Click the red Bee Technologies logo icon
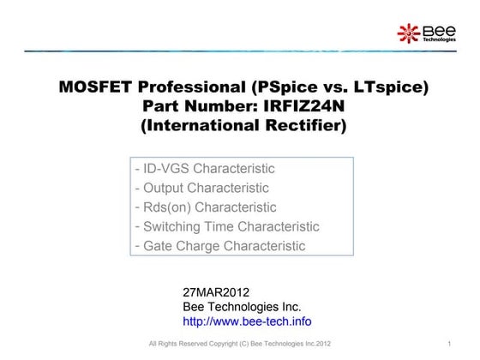408,33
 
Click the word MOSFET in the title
96,87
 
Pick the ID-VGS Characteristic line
205,169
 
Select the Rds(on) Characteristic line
206,207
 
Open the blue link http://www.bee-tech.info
247,321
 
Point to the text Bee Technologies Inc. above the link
242,306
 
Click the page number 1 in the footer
448,345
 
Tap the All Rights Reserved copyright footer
239,345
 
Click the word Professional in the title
190,87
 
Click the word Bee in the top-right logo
433,30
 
